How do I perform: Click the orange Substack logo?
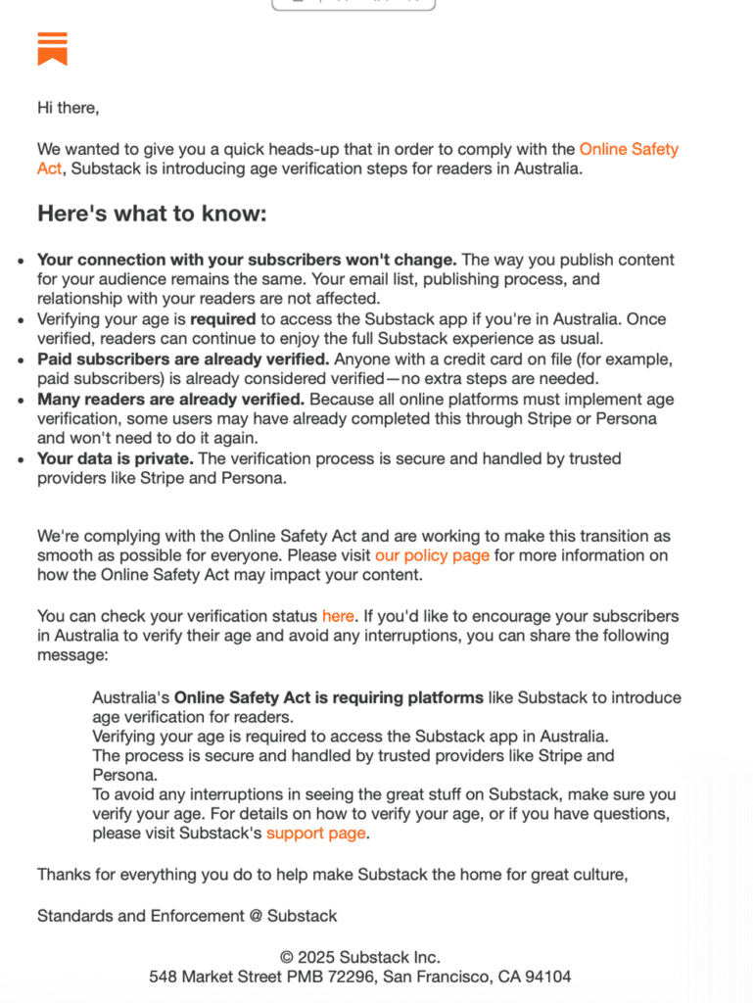(x=52, y=48)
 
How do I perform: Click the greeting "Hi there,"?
(x=68, y=108)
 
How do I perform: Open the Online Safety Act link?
(x=629, y=150)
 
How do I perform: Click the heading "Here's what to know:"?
(x=152, y=214)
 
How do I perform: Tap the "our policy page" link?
(x=432, y=555)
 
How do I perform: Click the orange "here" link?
(x=338, y=616)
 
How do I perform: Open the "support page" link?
(x=316, y=833)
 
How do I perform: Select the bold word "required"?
(x=222, y=319)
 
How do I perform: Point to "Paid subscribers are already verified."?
(x=183, y=359)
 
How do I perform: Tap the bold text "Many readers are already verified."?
(x=171, y=400)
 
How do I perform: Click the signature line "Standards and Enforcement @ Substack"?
(x=187, y=916)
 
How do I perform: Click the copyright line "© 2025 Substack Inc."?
(x=359, y=957)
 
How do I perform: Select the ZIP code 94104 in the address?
(x=548, y=977)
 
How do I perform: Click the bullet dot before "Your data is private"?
(x=21, y=458)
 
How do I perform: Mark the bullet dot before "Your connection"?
(x=21, y=261)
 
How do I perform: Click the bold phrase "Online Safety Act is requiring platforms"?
(x=329, y=698)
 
